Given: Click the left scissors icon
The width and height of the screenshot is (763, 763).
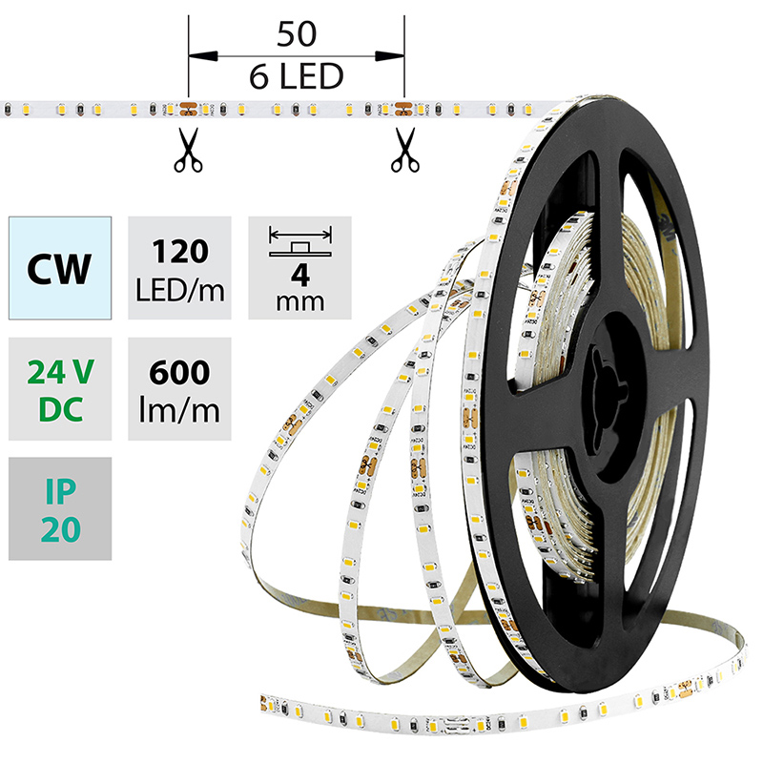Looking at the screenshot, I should pyautogui.click(x=189, y=152).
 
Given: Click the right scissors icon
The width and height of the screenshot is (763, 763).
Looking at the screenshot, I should pyautogui.click(x=404, y=152).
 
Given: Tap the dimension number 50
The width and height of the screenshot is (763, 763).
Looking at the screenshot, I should pyautogui.click(x=297, y=35).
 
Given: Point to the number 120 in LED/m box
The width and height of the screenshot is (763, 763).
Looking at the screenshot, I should pyautogui.click(x=178, y=253).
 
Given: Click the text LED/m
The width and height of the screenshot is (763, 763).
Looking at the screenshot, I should pyautogui.click(x=178, y=288).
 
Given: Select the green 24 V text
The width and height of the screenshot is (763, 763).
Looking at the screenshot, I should pyautogui.click(x=60, y=370).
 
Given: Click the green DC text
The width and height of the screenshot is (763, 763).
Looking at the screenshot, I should pyautogui.click(x=60, y=410).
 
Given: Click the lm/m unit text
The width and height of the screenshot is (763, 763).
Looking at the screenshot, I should pyautogui.click(x=178, y=410).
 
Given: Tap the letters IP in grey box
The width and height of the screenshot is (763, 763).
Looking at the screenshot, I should pyautogui.click(x=60, y=490).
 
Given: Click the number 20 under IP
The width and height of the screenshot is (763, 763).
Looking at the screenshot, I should pyautogui.click(x=60, y=530).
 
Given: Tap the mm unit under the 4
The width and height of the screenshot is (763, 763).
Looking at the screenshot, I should pyautogui.click(x=299, y=302).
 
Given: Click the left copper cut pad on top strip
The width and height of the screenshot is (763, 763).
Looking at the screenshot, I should pyautogui.click(x=189, y=108).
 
